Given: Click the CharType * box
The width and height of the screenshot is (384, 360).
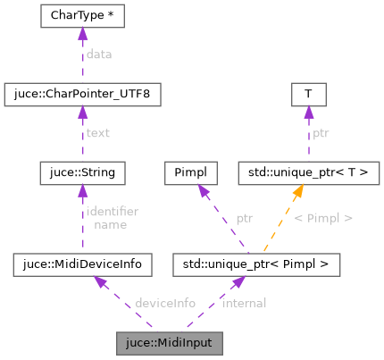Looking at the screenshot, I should (82, 17).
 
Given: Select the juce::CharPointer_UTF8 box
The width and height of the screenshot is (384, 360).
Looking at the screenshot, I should (82, 92).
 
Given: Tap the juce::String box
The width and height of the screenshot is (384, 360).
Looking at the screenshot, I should (82, 169).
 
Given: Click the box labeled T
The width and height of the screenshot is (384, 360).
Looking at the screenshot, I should (308, 92).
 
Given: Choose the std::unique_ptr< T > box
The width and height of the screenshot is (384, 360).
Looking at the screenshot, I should (308, 169).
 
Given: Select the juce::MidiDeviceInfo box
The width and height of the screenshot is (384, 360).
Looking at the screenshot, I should (82, 264).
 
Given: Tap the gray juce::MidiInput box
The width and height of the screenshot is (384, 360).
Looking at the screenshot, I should (169, 340).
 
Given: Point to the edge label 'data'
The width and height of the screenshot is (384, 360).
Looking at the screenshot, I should (99, 54).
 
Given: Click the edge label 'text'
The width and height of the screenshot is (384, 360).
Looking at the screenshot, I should (97, 132).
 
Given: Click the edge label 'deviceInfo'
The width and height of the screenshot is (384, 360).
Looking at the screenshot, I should (164, 303).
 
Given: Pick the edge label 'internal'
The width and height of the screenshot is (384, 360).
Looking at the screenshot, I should (244, 303).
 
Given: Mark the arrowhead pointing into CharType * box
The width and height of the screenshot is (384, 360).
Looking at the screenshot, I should (82, 34).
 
